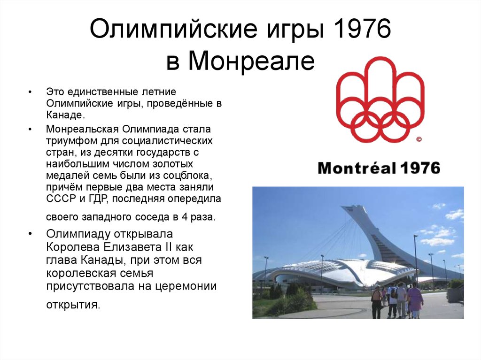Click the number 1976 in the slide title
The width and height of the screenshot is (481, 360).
coord(360,29)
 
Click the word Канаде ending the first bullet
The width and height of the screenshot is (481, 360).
coord(65,115)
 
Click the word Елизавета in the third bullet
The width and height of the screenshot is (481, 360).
coord(132,247)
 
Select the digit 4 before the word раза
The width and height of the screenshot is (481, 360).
coord(184,217)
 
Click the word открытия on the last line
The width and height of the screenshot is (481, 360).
coord(73,305)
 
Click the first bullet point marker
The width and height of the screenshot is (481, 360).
coord(30,92)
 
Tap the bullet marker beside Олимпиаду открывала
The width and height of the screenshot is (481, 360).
coord(30,234)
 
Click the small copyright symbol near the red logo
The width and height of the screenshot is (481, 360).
coord(419,139)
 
